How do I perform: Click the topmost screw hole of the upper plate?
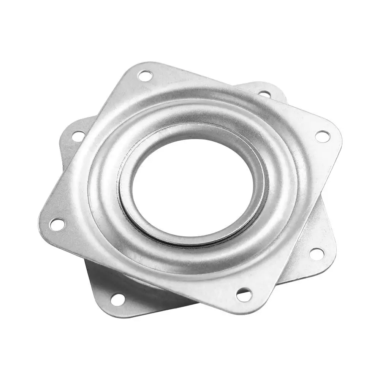click(x=145, y=76)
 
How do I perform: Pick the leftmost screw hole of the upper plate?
click(x=57, y=224)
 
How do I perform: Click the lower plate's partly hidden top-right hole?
click(x=264, y=93)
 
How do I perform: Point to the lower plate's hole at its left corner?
click(x=78, y=135)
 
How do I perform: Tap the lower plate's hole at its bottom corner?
click(x=117, y=299)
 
